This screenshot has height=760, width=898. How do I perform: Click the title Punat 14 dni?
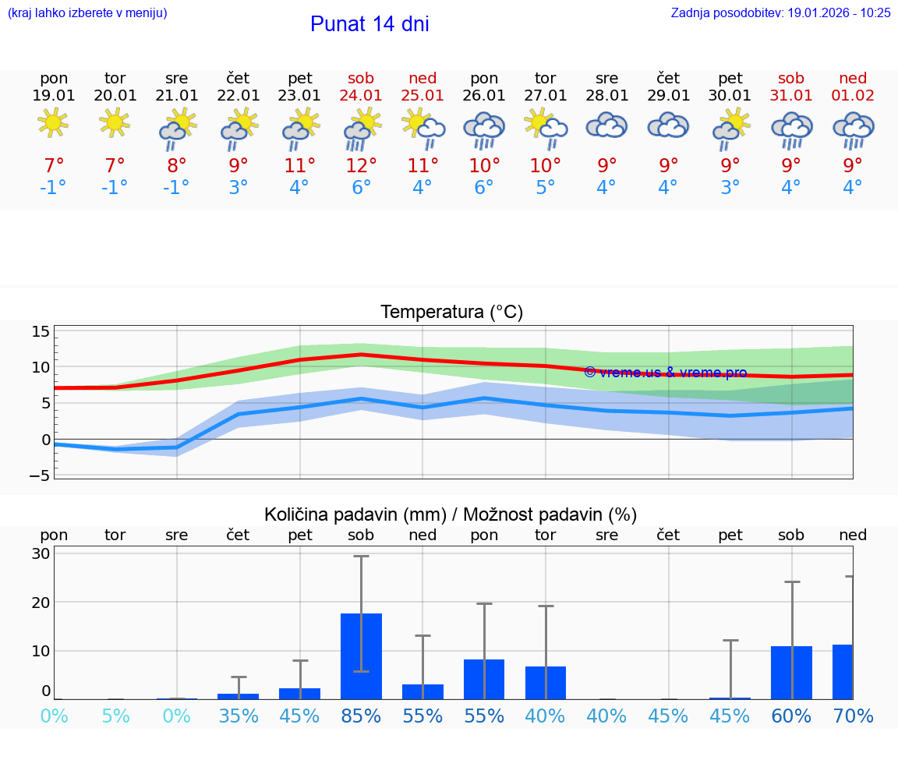coord(369,24)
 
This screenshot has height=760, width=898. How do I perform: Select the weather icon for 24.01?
coord(362,129)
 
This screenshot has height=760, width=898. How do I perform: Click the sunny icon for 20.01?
coord(115,122)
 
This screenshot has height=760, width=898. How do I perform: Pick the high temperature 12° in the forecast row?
coord(362,165)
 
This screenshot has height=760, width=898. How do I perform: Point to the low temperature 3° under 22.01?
coord(239,188)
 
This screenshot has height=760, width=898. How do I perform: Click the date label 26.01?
coord(484,95)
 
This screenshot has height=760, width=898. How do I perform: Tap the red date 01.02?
coord(853,95)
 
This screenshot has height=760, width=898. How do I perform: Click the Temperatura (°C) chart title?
coord(451,312)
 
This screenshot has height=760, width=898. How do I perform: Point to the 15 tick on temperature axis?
coord(41,331)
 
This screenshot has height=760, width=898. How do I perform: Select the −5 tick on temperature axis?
coord(39,475)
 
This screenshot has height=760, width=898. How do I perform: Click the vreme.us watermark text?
coord(665,373)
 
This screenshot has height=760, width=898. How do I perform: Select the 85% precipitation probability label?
coord(362,716)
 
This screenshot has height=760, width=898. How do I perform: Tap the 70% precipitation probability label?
coord(853,716)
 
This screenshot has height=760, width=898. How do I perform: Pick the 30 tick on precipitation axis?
coord(41,553)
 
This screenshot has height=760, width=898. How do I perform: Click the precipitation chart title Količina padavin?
coord(451,514)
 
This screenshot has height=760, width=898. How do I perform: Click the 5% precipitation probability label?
coord(115,716)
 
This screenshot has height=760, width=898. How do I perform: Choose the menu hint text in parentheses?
coord(87,12)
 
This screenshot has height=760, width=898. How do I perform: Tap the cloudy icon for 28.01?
coord(607,125)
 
